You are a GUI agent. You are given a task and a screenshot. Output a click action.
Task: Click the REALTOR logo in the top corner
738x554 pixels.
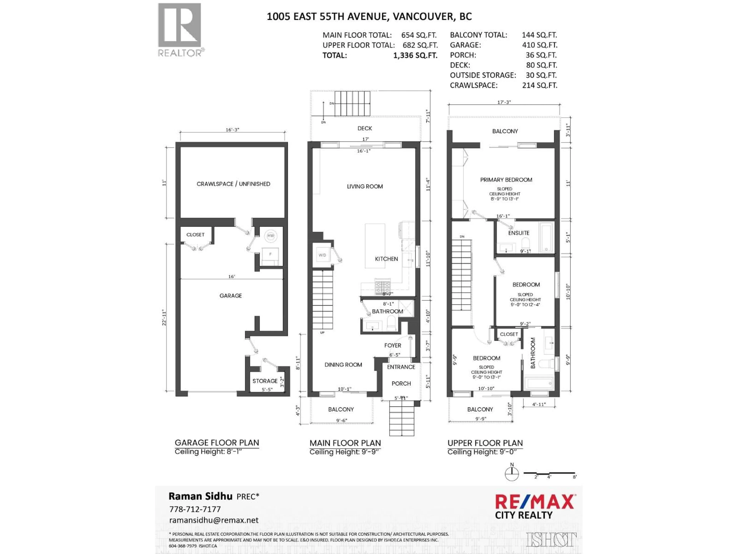(180, 30)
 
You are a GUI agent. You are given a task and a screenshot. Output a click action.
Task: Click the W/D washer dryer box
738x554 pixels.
(322, 255)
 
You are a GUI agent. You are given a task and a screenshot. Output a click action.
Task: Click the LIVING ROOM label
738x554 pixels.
(365, 187)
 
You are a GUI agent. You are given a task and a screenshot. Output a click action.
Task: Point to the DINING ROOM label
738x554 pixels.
(343, 365)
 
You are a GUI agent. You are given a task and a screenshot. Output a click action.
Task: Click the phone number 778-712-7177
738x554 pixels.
(195, 509)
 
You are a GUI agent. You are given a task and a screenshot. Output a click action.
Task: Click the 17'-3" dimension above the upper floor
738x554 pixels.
(504, 102)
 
